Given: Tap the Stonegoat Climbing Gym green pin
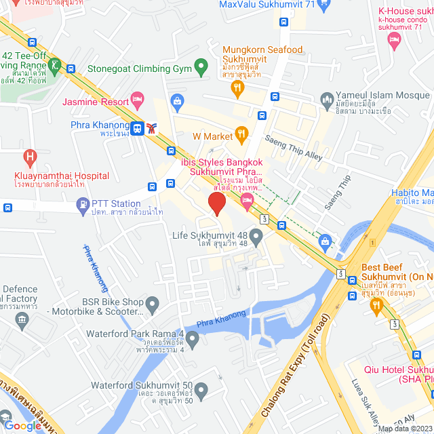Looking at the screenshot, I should pyautogui.click(x=200, y=67).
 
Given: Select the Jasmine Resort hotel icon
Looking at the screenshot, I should pyautogui.click(x=138, y=101).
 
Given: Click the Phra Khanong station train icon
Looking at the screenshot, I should pyautogui.click(x=138, y=127).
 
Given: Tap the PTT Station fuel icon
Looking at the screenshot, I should pyautogui.click(x=83, y=203).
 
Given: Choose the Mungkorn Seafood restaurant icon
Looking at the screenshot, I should pyautogui.click(x=237, y=86).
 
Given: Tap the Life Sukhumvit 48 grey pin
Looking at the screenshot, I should pyautogui.click(x=256, y=237).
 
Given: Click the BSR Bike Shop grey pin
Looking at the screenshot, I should pyautogui.click(x=152, y=303).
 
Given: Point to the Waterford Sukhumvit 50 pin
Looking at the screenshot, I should pyautogui.click(x=201, y=389).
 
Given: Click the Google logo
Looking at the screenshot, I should pyautogui.click(x=23, y=426).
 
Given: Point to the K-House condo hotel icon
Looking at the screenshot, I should pyautogui.click(x=393, y=41).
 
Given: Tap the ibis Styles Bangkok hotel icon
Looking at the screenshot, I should pyautogui.click(x=247, y=198).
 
